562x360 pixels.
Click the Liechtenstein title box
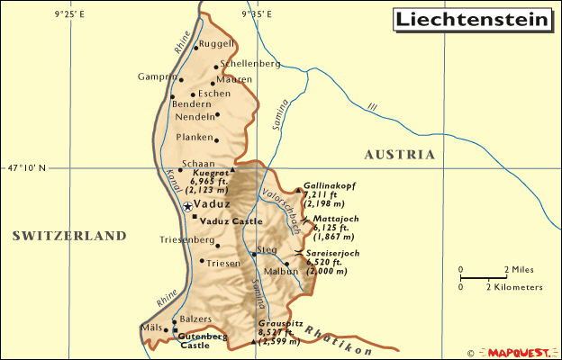[470, 19]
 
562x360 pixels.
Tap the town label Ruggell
[218, 43]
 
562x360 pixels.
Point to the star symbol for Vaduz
[187, 207]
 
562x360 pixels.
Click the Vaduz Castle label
[231, 220]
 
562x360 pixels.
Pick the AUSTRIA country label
[399, 155]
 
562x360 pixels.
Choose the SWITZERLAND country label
[69, 236]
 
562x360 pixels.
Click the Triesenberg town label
[187, 241]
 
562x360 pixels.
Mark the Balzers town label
[195, 319]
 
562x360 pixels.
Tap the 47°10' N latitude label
[26, 167]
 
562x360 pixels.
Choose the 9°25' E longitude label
[69, 13]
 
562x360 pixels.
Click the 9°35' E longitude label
[258, 13]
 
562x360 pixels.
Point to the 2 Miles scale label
[521, 269]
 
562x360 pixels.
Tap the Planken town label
[195, 137]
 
